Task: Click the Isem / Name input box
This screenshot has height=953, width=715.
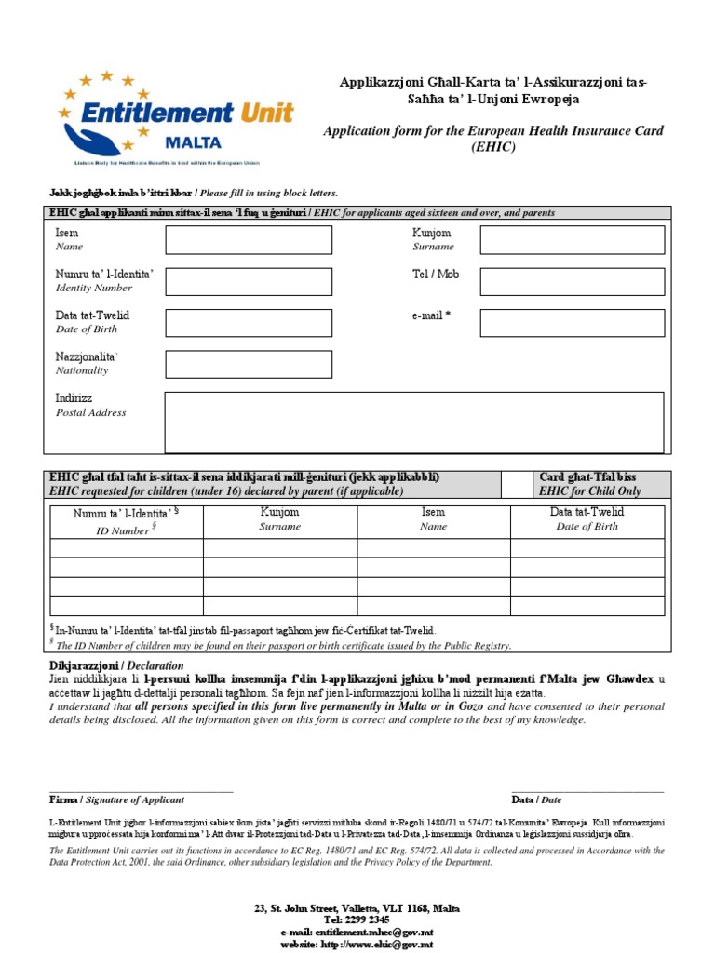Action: (x=249, y=240)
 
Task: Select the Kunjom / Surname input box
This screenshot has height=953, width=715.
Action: (x=572, y=240)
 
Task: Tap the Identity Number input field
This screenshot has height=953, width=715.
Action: (x=249, y=281)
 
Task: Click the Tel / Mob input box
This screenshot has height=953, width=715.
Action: (x=572, y=281)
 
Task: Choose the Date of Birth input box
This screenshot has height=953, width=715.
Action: (x=249, y=322)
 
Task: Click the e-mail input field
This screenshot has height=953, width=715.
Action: (x=572, y=322)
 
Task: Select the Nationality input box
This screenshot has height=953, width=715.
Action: (x=249, y=364)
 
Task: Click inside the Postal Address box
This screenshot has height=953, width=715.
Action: (x=414, y=423)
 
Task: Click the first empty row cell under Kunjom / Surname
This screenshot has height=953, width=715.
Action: (x=280, y=547)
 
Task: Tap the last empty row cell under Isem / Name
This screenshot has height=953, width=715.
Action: (x=433, y=606)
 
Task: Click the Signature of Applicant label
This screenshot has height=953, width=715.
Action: (x=136, y=799)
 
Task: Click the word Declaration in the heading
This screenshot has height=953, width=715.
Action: (x=155, y=665)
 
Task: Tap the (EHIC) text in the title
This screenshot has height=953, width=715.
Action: (x=492, y=147)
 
